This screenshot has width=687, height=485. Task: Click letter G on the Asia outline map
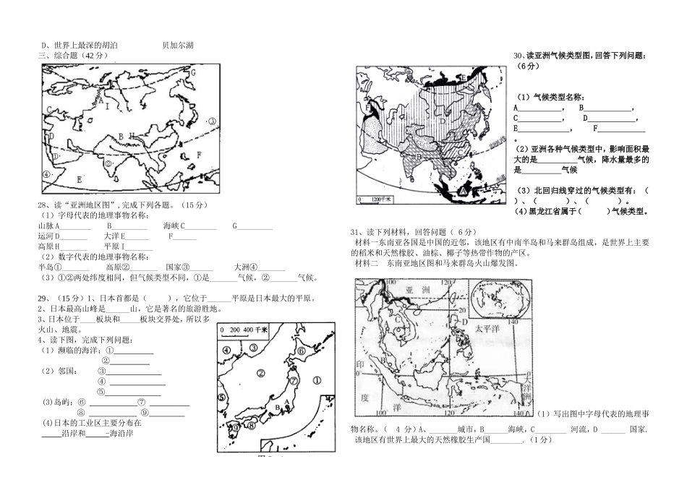pyautogui.click(x=193, y=72)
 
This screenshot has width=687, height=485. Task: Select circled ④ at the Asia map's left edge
pyautogui.click(x=47, y=174)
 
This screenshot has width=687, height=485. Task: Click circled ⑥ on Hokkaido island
pyautogui.click(x=302, y=350)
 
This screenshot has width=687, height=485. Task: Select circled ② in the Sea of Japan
pyautogui.click(x=260, y=373)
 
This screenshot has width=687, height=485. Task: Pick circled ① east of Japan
pyautogui.click(x=317, y=379)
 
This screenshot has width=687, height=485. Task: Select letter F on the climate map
pyautogui.click(x=368, y=108)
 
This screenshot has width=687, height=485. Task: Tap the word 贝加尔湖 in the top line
pyautogui.click(x=178, y=46)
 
